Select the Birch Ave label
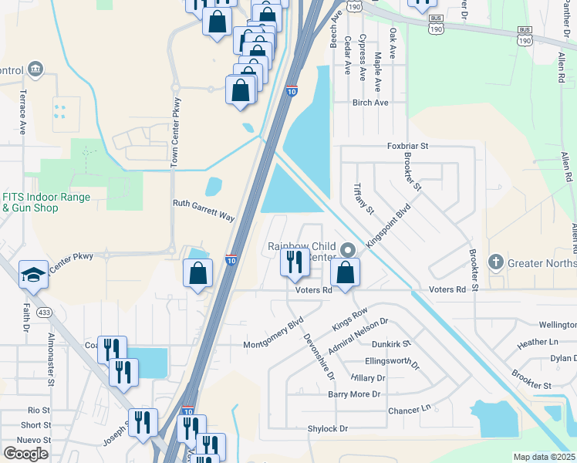[370, 103]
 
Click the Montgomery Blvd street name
[274, 333]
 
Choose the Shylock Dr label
[328, 428]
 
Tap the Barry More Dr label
[355, 394]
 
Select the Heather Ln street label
[538, 342]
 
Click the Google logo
[25, 453]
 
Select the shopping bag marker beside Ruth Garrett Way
[198, 274]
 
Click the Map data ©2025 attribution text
[545, 457]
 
